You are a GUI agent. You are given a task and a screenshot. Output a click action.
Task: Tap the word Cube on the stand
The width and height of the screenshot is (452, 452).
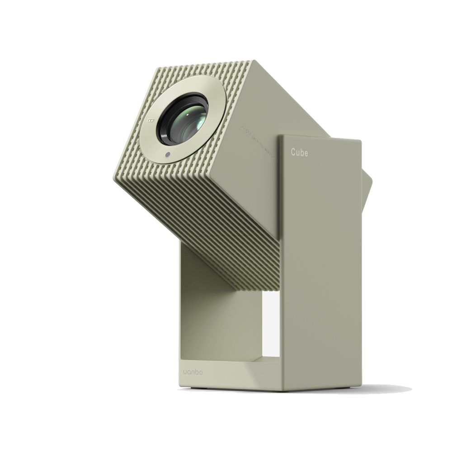click(299, 153)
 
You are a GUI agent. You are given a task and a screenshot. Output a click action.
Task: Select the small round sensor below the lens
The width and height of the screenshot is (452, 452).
click(168, 155)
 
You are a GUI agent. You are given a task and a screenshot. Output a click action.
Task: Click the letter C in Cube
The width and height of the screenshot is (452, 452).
click(293, 153)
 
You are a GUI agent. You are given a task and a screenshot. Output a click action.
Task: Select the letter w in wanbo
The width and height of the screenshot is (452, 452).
click(186, 372)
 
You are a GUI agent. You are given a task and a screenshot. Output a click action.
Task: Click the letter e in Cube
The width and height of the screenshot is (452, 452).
click(306, 153)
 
